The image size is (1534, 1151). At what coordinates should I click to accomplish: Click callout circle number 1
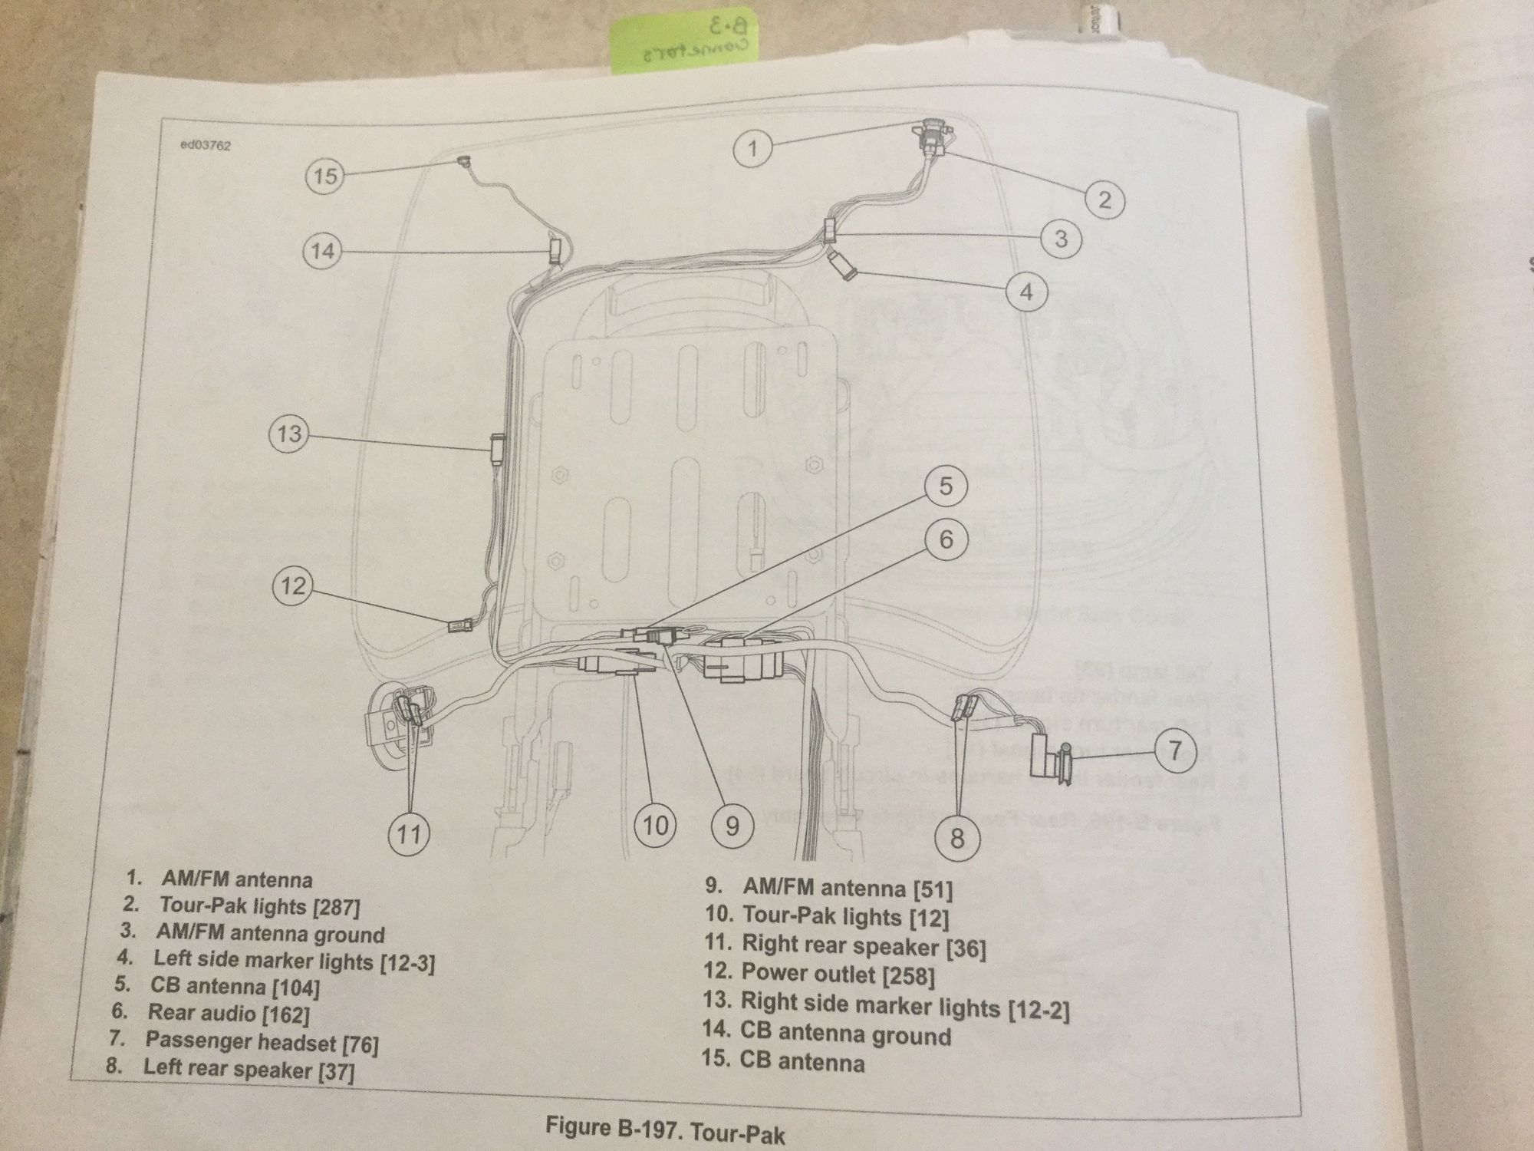(x=752, y=147)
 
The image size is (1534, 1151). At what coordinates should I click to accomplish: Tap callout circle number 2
(x=1104, y=200)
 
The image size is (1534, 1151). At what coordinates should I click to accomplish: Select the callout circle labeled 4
(x=1026, y=292)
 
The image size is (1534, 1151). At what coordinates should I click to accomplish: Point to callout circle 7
(x=1174, y=751)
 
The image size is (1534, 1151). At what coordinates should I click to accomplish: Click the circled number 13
(x=289, y=434)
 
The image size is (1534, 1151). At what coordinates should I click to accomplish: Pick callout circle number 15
(x=324, y=176)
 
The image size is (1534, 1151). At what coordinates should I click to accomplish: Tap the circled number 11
(x=408, y=833)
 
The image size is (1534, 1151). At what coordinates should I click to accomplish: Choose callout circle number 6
(x=946, y=539)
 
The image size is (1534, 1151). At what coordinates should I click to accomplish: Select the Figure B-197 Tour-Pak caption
(x=665, y=1128)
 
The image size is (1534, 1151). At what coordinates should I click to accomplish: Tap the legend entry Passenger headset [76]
(x=261, y=1041)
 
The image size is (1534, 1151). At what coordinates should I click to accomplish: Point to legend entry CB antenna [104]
(x=234, y=986)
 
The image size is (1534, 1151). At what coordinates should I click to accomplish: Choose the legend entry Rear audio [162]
(x=228, y=1014)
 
